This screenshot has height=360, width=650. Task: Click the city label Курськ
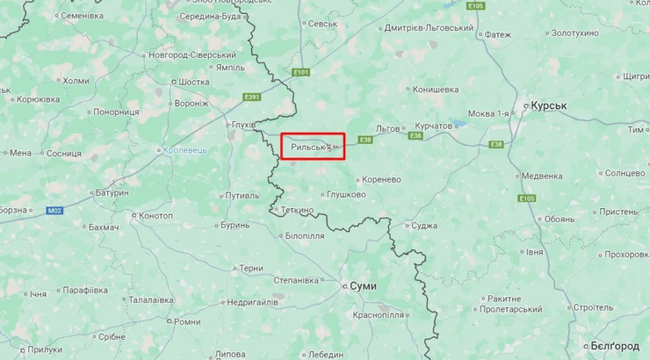[550, 105]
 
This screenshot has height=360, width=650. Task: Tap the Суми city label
[363, 286]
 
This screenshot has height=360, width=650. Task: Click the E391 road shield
[253, 97]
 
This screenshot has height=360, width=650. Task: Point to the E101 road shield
[301, 72]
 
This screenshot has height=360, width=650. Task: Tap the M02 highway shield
[54, 210]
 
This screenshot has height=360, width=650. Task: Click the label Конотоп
[155, 216]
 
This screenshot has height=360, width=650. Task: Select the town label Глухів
[242, 126]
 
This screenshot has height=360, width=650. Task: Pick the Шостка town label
[193, 82]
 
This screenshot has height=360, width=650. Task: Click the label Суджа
[424, 226]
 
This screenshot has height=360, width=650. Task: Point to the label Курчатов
[432, 126]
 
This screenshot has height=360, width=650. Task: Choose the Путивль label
[242, 195]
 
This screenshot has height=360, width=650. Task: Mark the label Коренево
[380, 179]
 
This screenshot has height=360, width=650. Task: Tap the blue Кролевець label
[185, 150]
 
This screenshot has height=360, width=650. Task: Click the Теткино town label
[297, 211]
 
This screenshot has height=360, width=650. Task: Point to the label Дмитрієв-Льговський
[429, 28]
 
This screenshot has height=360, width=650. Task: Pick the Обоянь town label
[560, 220]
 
